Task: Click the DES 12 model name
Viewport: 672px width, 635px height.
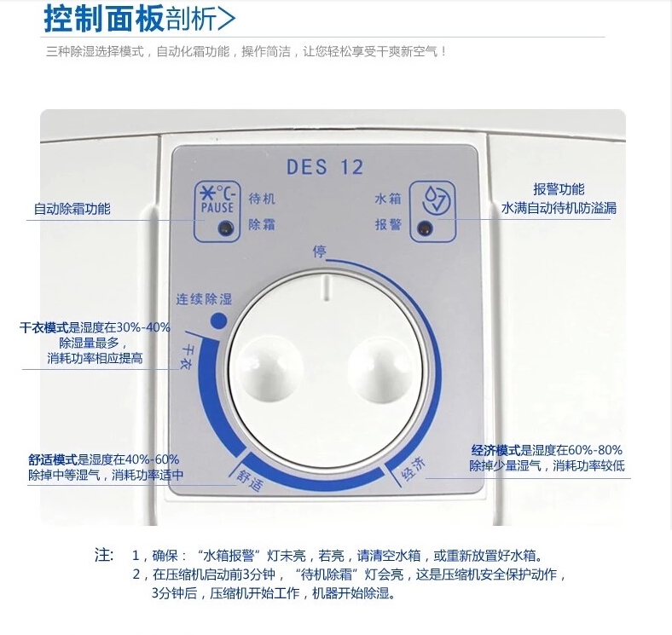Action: coord(324,167)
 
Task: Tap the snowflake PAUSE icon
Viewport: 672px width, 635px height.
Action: coord(217,199)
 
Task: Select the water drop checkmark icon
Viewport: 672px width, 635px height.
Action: coord(436,199)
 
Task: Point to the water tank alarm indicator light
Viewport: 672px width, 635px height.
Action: coord(426,228)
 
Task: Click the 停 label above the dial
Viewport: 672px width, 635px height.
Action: coord(319,251)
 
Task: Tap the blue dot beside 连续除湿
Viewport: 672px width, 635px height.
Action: coord(218,320)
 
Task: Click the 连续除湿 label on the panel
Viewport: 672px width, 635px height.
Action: coord(204,298)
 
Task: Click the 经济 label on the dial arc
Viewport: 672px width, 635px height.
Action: coord(413,468)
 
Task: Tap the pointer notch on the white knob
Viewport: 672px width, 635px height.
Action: coord(326,288)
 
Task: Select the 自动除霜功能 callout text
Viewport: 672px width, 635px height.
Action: coord(72,209)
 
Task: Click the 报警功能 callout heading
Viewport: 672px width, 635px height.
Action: coord(559,189)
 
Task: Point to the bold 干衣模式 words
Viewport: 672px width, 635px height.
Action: coord(43,328)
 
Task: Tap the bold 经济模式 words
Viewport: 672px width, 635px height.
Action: coord(495,450)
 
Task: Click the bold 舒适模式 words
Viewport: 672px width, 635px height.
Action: coord(53,459)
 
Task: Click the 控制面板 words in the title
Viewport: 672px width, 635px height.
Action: coord(104,19)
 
